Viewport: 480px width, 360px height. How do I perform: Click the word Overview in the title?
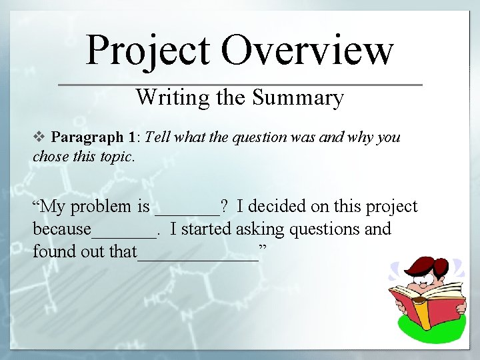[307, 50]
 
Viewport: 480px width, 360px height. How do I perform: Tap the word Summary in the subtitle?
[298, 97]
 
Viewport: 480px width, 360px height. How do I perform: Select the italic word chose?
[48, 158]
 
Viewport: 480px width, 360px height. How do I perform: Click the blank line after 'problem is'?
[187, 212]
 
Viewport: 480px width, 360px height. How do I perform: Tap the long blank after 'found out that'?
[197, 258]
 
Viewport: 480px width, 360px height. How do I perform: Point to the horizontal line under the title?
[240, 85]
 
